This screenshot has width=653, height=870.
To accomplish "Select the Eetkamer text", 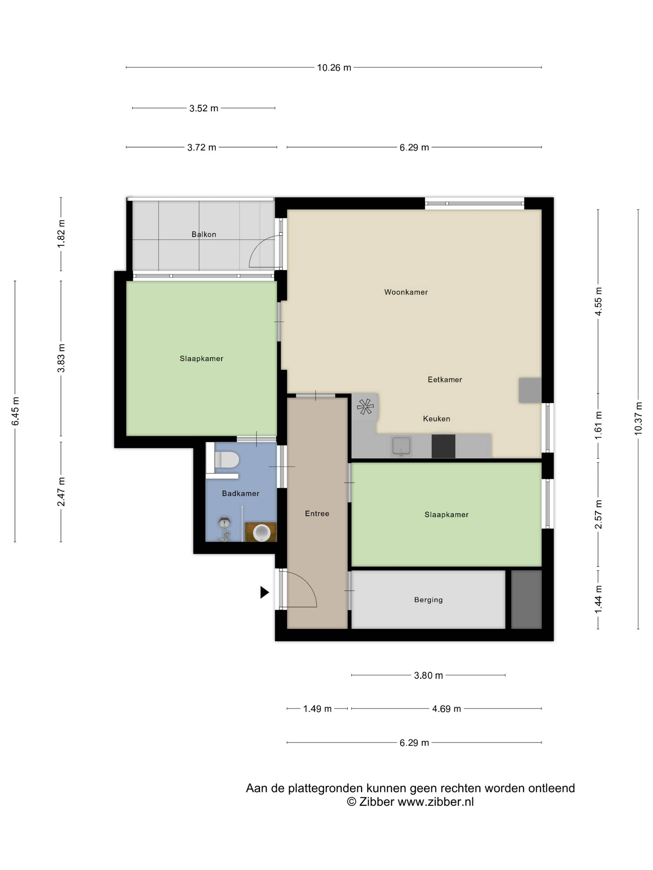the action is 445,380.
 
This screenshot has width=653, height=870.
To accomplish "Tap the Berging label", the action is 428,600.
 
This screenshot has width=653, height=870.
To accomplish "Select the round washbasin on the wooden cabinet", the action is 261,533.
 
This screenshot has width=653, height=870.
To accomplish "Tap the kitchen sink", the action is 401,446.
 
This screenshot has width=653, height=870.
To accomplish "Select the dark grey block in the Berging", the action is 526,599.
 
